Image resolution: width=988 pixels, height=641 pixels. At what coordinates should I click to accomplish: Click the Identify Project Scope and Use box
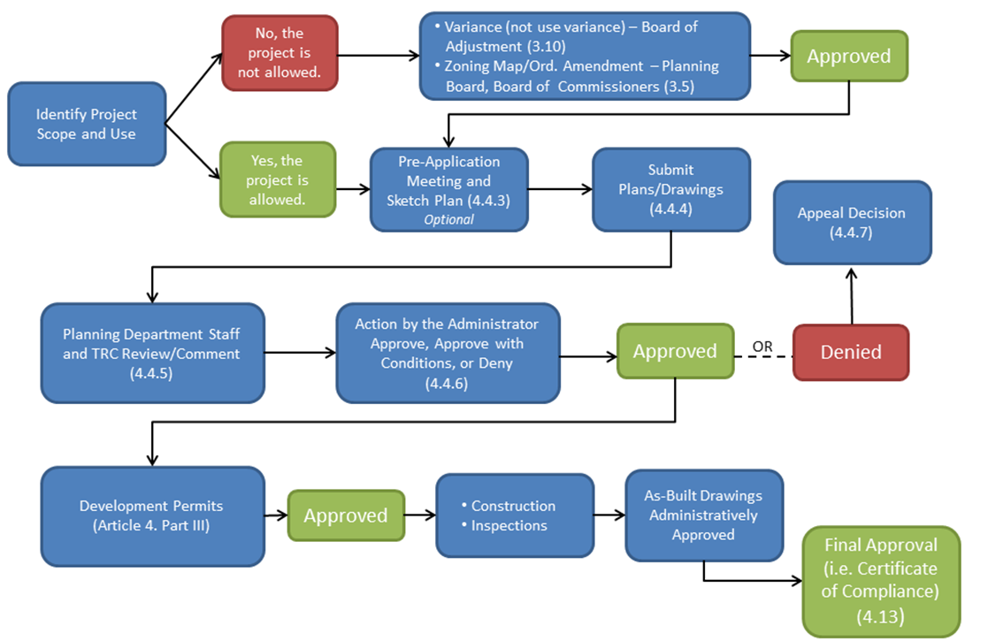click(87, 125)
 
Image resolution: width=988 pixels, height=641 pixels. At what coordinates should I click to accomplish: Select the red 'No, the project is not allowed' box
click(280, 53)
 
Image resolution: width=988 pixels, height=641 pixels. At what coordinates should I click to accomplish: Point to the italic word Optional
click(448, 219)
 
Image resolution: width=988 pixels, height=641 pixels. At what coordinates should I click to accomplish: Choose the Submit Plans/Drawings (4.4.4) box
click(670, 189)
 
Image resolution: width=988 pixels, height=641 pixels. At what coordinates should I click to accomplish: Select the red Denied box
click(850, 352)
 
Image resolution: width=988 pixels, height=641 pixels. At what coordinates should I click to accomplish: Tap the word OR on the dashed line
click(762, 347)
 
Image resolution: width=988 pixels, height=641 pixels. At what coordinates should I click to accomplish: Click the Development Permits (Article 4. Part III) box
click(152, 515)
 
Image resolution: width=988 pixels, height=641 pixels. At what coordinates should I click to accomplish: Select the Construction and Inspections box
click(514, 515)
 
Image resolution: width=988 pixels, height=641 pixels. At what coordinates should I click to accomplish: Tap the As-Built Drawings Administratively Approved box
click(703, 515)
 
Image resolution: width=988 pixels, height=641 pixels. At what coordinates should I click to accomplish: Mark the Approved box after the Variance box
click(849, 57)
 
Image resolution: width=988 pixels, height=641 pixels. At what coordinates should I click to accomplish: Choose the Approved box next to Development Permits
click(346, 515)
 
